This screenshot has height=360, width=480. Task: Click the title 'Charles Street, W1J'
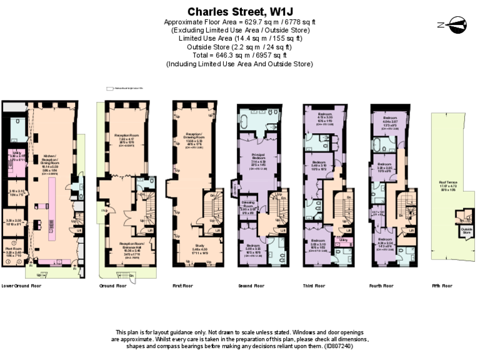click(x=240, y=11)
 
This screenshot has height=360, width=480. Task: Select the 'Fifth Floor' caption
click(x=442, y=286)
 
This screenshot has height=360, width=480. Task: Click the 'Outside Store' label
click(x=465, y=230)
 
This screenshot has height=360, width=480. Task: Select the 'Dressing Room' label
click(x=249, y=205)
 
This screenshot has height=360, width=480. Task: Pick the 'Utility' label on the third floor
click(x=343, y=239)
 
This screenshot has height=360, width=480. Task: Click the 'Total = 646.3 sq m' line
click(x=240, y=55)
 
